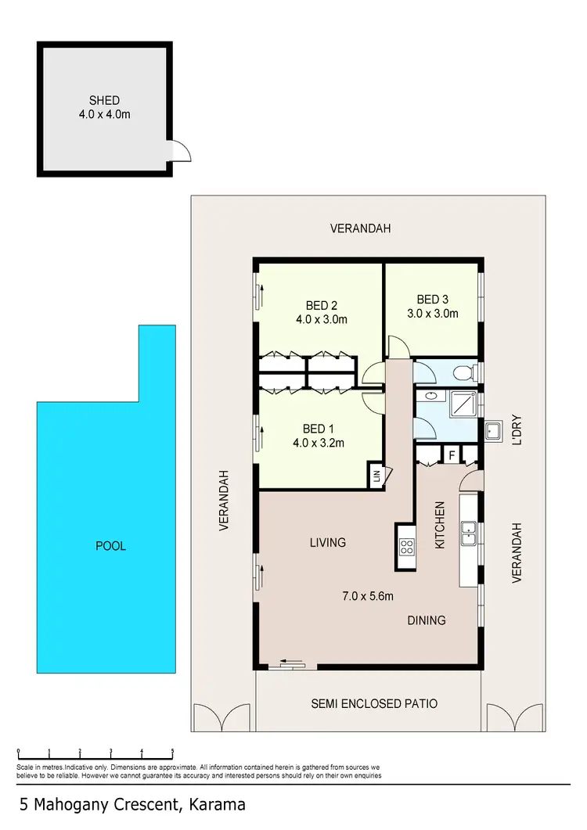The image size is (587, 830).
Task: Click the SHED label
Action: click(104, 100)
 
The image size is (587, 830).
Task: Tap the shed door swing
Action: click(180, 150)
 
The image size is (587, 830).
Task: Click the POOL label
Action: click(110, 546)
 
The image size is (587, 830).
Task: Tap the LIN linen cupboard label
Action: click(376, 475)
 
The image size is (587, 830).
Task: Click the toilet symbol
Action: click(467, 372)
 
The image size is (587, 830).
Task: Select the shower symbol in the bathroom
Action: click(459, 405)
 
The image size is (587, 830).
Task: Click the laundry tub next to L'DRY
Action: click(494, 431)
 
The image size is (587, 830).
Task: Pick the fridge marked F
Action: click(452, 455)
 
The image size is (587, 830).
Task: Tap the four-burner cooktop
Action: click(407, 546)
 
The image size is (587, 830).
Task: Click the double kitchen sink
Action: click(470, 534)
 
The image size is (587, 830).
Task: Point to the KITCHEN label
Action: click(440, 525)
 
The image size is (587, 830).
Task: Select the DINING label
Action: click(426, 620)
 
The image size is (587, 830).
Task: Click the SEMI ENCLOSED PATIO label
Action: click(374, 704)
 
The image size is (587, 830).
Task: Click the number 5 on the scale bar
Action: click(172, 751)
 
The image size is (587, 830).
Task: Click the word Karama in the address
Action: click(215, 804)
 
